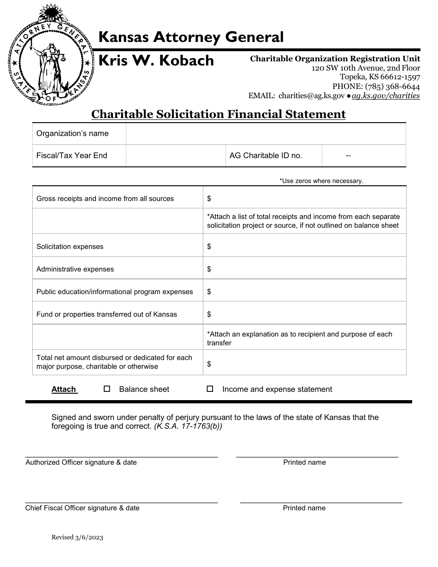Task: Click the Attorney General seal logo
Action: click(x=49, y=54)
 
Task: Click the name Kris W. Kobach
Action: click(x=157, y=61)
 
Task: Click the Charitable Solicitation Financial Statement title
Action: click(x=219, y=114)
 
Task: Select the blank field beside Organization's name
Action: click(x=266, y=134)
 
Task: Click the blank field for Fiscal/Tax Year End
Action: click(x=176, y=156)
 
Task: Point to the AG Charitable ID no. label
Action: click(x=266, y=156)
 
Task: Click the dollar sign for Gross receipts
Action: click(x=209, y=199)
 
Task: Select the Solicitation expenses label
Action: click(x=70, y=247)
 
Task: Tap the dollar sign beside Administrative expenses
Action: click(x=209, y=269)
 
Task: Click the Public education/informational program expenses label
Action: click(x=115, y=292)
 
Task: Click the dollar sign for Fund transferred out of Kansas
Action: click(x=209, y=314)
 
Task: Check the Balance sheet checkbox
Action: click(x=107, y=389)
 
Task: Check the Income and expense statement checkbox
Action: click(x=210, y=389)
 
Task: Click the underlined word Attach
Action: click(x=64, y=390)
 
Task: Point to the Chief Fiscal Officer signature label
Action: click(x=82, y=508)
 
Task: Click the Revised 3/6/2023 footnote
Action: click(x=77, y=537)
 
